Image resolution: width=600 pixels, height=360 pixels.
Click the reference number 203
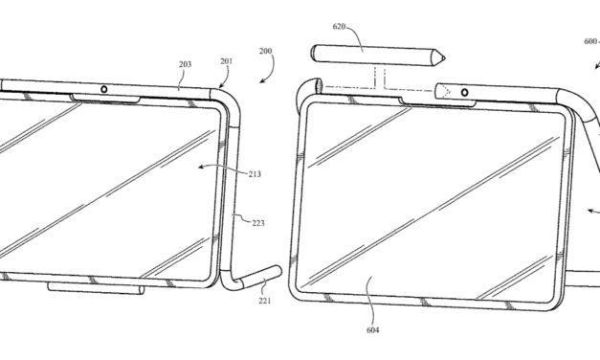pos(184,65)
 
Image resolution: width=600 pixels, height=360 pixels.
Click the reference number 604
pos(372,330)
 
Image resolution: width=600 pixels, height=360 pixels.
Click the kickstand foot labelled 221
pos(259,277)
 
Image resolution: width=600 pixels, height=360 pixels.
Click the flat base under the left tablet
pos(95,287)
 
